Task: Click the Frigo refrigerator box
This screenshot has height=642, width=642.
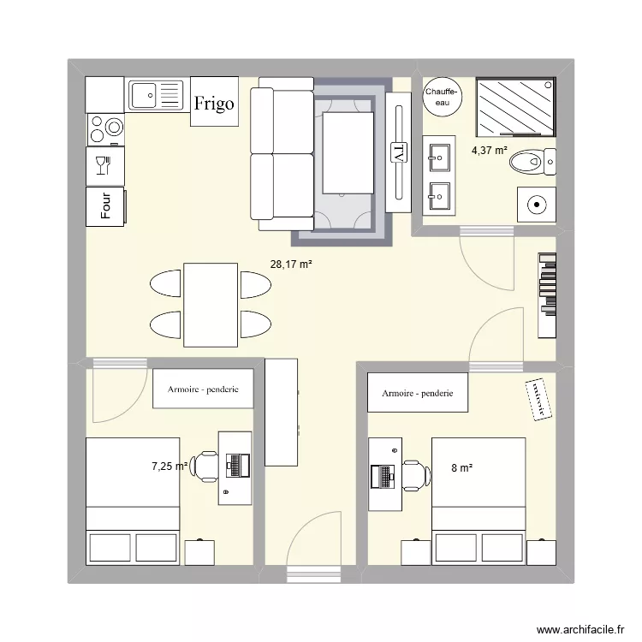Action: click(214, 103)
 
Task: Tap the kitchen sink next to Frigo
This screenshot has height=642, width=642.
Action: click(157, 94)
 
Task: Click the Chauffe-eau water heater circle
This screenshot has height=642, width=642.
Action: click(443, 96)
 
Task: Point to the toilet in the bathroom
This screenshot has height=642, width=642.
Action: click(538, 160)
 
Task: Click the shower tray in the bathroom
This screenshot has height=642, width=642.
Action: click(515, 107)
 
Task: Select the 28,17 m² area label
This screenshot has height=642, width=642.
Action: click(291, 265)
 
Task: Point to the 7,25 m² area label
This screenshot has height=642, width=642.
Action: click(169, 467)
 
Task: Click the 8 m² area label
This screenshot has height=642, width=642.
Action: click(461, 467)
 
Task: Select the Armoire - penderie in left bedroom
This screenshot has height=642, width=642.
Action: click(204, 389)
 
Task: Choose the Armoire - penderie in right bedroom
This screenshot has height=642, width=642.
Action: click(417, 394)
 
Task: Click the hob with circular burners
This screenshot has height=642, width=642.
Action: click(106, 129)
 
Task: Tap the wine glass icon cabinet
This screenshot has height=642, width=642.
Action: click(104, 164)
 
